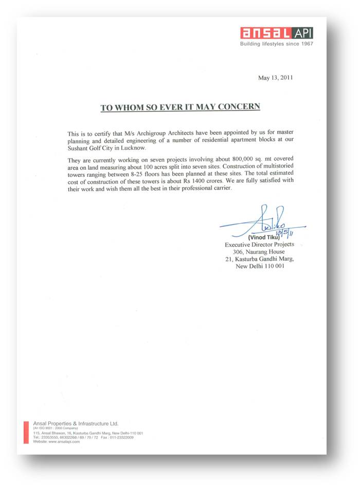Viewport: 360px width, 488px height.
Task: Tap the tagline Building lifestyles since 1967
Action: (277, 44)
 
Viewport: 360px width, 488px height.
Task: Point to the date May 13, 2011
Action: (275, 78)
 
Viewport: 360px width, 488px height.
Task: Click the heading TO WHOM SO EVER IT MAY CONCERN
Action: (180, 107)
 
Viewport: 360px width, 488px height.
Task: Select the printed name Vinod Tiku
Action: (264, 238)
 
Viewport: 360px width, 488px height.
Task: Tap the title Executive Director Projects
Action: (259, 245)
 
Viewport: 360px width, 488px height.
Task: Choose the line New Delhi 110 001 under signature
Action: (259, 266)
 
